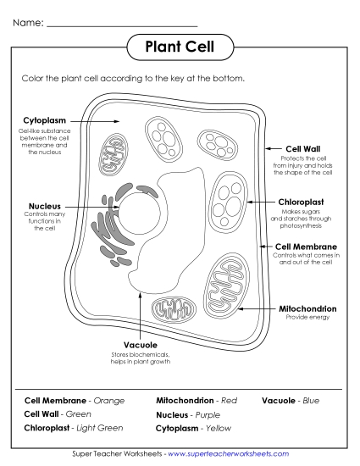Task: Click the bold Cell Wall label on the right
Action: [302, 148]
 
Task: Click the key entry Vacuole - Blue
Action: [291, 400]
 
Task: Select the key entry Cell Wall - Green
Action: [57, 413]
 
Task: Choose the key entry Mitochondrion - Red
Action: [195, 400]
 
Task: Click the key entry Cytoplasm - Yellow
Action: [192, 430]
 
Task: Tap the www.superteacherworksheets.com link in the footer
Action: [229, 455]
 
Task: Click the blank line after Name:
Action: [122, 23]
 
